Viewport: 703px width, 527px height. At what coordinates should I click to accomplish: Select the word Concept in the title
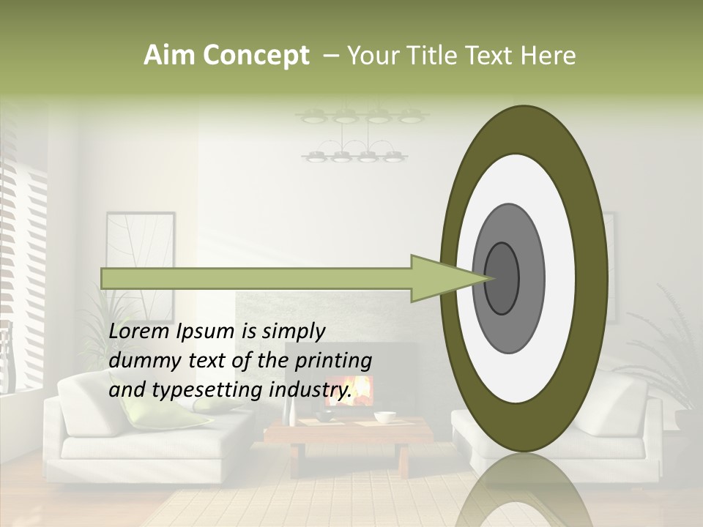coord(256,56)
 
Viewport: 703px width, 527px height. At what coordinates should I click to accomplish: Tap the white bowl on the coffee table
coord(384,417)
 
